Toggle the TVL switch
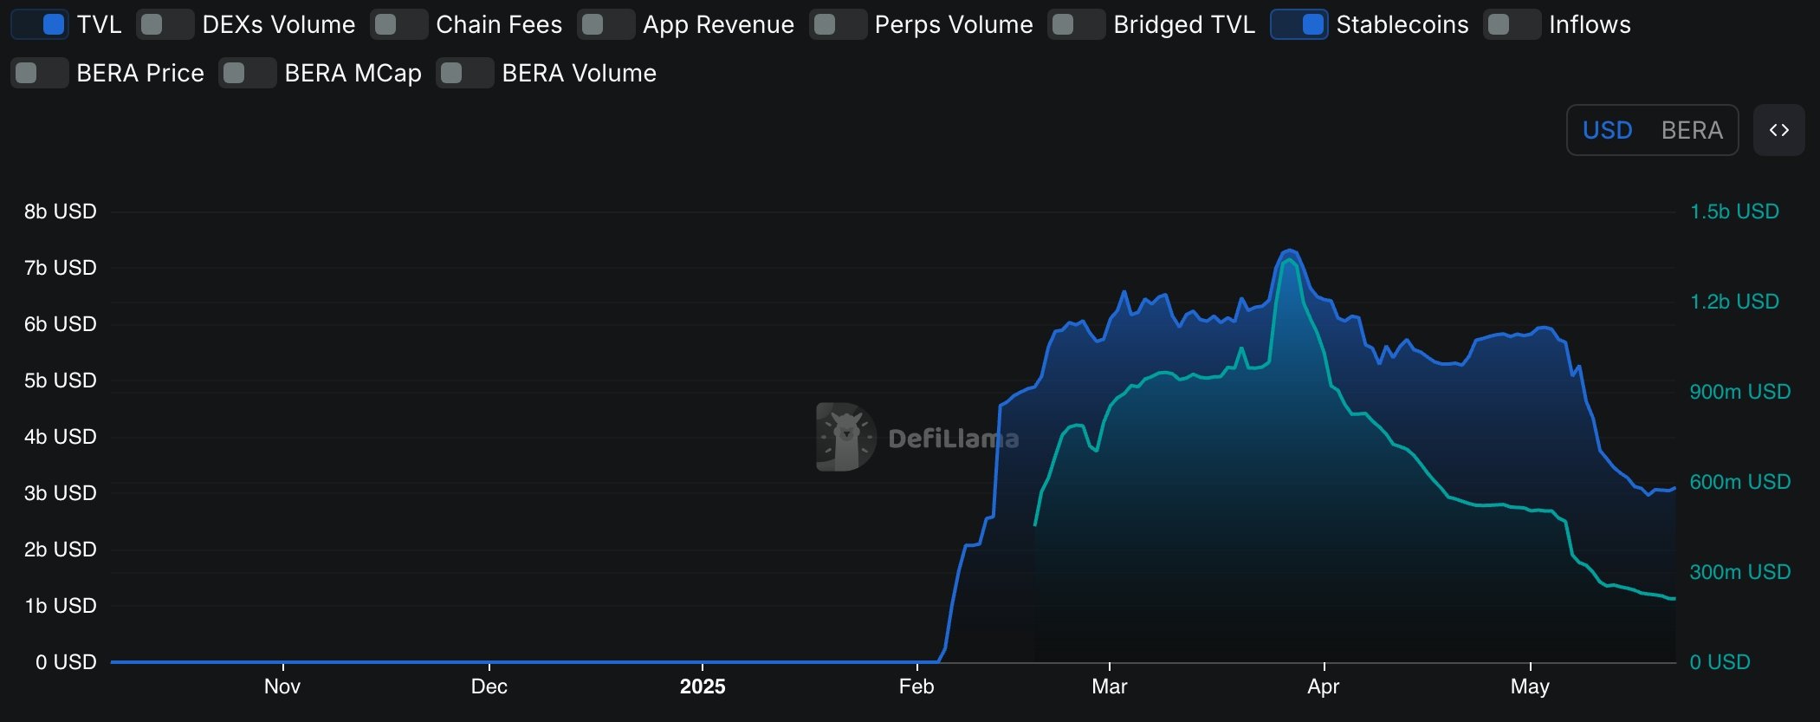(x=40, y=24)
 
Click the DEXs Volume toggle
(x=165, y=24)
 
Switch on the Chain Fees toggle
(x=398, y=24)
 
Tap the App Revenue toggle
(x=606, y=24)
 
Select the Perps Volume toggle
(x=838, y=24)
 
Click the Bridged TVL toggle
(x=1076, y=24)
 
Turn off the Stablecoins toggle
(x=1299, y=24)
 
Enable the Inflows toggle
(x=1512, y=24)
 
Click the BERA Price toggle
(x=40, y=73)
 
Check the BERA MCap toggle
(x=247, y=73)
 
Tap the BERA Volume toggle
(x=464, y=73)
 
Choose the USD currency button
(x=1607, y=130)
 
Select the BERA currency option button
(x=1691, y=130)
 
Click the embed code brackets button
(x=1778, y=130)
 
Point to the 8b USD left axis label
(x=60, y=211)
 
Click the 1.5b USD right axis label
(x=1734, y=211)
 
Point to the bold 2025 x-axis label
(x=702, y=686)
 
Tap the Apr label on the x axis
(x=1323, y=686)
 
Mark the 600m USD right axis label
(x=1739, y=482)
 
